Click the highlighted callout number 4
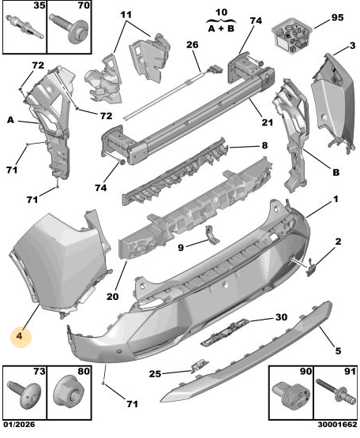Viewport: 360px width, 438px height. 19,335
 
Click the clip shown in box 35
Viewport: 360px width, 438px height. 24,27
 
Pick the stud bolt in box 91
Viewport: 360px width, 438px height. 336,393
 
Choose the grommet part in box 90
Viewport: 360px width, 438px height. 291,395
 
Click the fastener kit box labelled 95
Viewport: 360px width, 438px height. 292,35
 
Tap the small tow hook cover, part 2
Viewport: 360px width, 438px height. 310,268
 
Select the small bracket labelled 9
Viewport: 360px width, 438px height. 211,234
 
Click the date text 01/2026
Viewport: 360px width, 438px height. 19,425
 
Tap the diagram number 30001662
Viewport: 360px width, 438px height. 337,425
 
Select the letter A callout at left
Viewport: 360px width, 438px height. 10,120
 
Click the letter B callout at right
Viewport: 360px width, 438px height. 336,172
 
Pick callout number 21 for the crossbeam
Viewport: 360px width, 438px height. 267,122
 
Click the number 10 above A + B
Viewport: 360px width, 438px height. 221,12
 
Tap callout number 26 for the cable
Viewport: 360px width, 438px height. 193,45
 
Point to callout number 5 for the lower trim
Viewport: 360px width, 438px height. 338,350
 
